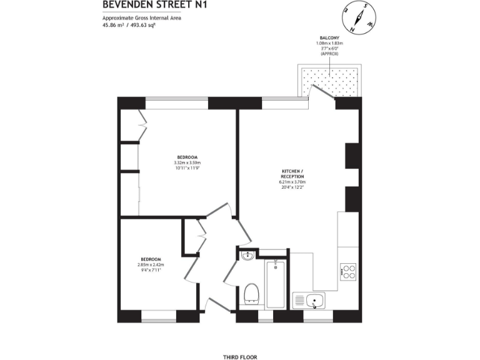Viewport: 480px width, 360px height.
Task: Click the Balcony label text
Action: pyautogui.click(x=329, y=38)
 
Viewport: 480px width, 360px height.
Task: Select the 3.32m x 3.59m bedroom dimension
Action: pyautogui.click(x=187, y=163)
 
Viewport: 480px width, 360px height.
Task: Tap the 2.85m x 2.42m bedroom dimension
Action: pyautogui.click(x=151, y=265)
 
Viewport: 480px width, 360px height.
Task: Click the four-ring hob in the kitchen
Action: pyautogui.click(x=348, y=272)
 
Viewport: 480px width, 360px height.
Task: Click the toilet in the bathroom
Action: pyautogui.click(x=251, y=292)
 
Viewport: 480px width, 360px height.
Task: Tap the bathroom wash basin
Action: pyautogui.click(x=247, y=255)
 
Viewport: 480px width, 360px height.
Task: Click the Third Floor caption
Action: pyautogui.click(x=240, y=357)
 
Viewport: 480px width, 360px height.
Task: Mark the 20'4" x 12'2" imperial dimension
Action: pyautogui.click(x=292, y=187)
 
